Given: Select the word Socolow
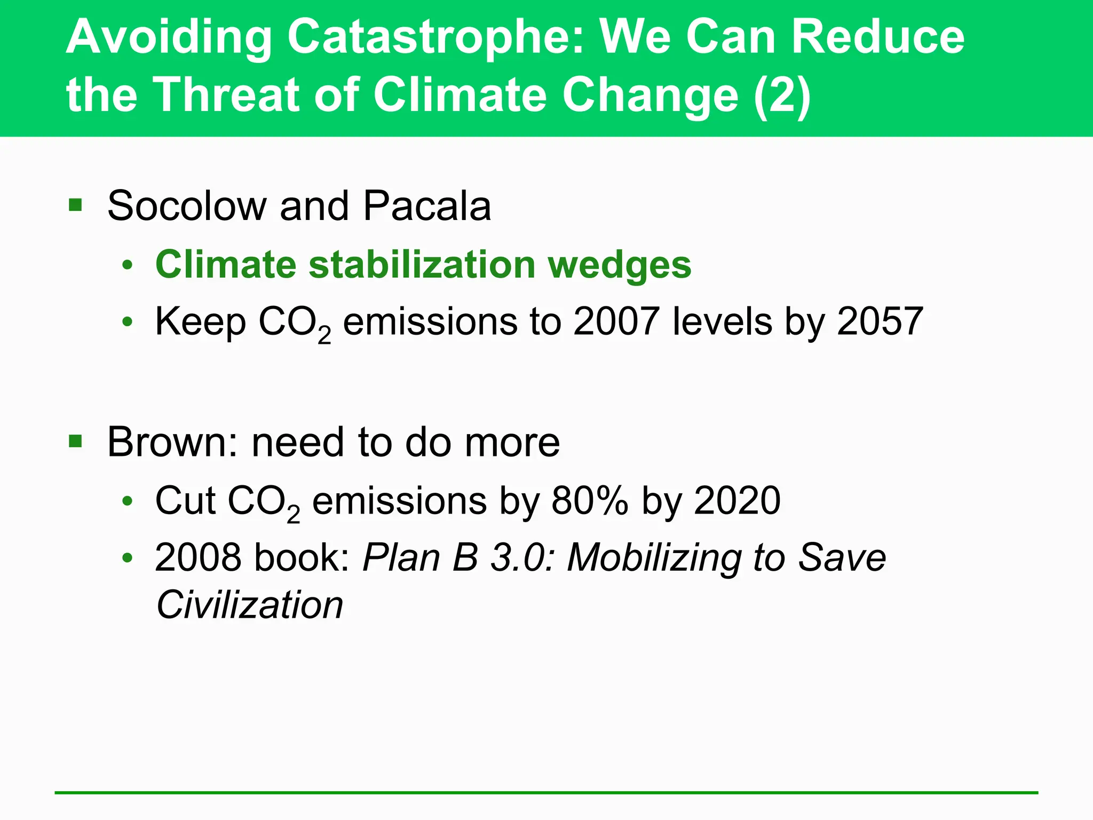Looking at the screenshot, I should click(186, 206).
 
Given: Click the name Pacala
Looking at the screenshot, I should click(427, 206).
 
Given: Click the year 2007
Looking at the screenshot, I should click(616, 321).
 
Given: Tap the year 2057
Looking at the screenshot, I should click(880, 321).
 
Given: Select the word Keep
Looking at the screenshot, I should click(200, 322).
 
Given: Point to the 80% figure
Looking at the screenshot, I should click(590, 501).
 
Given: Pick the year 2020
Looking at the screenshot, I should click(738, 501).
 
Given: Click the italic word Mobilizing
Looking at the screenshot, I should click(654, 558).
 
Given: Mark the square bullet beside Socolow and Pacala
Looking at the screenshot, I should click(75, 205).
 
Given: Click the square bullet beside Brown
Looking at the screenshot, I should click(75, 441).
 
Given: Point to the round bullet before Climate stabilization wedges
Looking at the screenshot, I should click(127, 265).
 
